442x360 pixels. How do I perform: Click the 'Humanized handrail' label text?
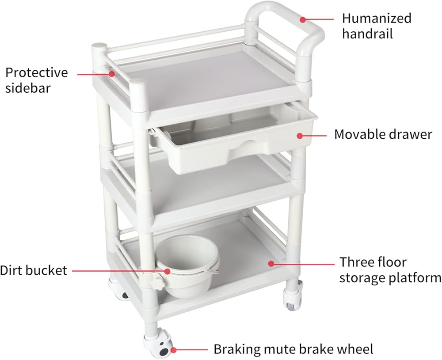point(377,26)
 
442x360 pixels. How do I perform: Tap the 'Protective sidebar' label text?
point(37,80)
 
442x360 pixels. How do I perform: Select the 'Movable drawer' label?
point(383,134)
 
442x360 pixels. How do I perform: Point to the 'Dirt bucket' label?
point(34,270)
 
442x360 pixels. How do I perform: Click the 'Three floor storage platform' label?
point(390,269)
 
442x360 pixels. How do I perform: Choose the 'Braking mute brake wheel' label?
point(293,349)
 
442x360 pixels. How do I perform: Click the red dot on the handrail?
point(303,19)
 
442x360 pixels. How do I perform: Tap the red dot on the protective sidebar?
point(112,74)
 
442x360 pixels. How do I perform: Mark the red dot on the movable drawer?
point(299,136)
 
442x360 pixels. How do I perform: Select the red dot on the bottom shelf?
point(271,264)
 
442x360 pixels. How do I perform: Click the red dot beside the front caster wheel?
point(173,350)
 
